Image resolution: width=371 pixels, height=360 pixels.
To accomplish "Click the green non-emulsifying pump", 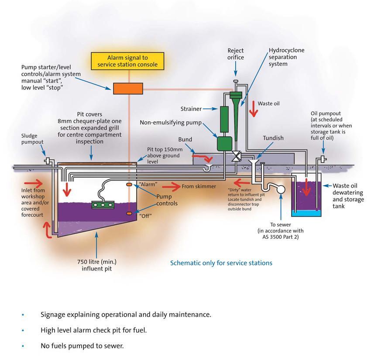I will pyautogui.click(x=225, y=143).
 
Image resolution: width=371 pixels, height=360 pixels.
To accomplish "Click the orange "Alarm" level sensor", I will pyautogui.click(x=129, y=185).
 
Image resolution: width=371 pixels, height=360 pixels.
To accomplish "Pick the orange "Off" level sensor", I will pyautogui.click(x=129, y=213).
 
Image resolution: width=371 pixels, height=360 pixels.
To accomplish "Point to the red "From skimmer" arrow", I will pyautogui.click(x=171, y=187).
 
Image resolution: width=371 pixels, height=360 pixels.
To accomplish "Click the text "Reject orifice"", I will pyautogui.click(x=236, y=54).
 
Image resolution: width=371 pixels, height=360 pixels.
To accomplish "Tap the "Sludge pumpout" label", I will pyautogui.click(x=32, y=139).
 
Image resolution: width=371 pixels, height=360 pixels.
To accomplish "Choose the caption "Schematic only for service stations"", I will pyautogui.click(x=221, y=263).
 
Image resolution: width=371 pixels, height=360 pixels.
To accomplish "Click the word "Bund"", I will pyautogui.click(x=185, y=140).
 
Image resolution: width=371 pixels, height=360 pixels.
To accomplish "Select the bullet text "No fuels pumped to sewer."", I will pyautogui.click(x=82, y=346).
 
